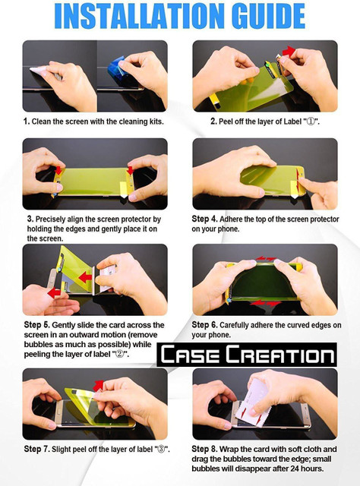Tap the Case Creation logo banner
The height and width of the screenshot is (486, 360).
point(247,355)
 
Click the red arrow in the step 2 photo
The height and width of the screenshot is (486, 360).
point(289,51)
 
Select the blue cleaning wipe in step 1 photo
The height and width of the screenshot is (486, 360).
point(117,70)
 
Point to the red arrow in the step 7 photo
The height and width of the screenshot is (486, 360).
point(99,385)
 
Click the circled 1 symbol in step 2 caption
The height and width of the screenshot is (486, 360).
point(311,121)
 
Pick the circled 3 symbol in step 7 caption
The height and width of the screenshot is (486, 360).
point(161,449)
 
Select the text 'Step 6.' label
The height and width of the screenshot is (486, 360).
point(204,325)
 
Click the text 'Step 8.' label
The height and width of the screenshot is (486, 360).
point(204,449)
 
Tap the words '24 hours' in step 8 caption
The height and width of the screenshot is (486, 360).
point(306,469)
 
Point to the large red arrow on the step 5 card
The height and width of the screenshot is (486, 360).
point(85,276)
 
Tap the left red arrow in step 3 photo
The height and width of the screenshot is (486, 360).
point(58,170)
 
